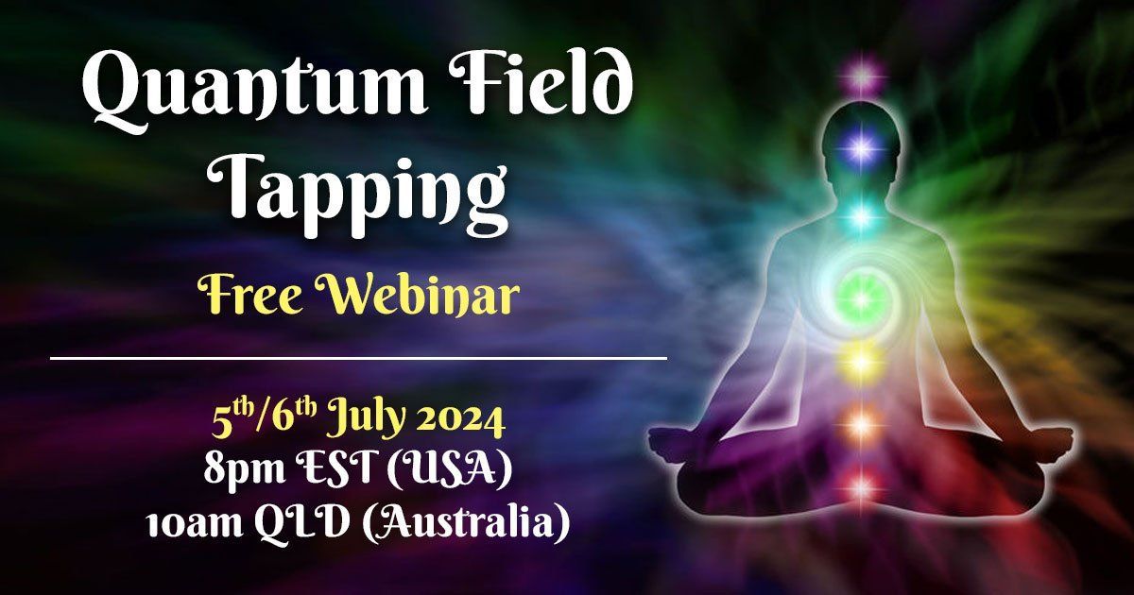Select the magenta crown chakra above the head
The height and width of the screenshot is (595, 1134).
pyautogui.click(x=861, y=74)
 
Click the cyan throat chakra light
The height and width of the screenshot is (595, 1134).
pyautogui.click(x=861, y=215)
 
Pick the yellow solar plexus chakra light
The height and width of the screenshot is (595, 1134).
pyautogui.click(x=861, y=360)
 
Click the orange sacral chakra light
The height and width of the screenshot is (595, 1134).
pyautogui.click(x=861, y=424)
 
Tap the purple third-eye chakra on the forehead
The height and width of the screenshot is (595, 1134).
pyautogui.click(x=861, y=146)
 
